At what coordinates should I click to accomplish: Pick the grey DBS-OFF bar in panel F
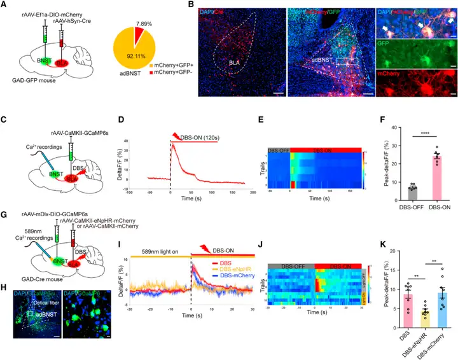click(x=408, y=191)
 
